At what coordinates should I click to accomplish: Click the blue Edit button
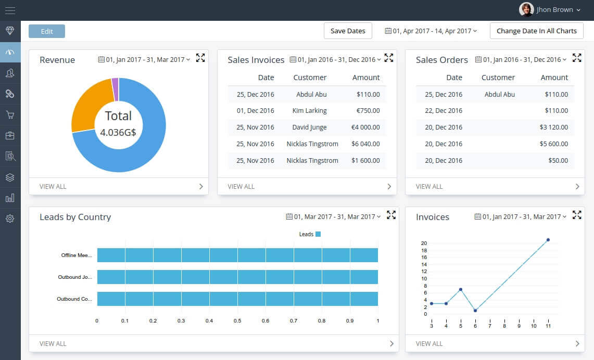point(47,31)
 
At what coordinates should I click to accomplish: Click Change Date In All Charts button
point(536,31)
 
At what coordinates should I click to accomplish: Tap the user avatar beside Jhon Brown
point(526,9)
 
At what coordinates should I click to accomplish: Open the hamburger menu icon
point(10,10)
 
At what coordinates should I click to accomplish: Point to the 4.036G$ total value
point(118,133)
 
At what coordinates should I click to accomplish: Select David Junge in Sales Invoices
point(310,127)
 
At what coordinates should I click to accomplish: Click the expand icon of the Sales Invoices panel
point(388,58)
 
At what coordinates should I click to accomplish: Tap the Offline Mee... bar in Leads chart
point(237,255)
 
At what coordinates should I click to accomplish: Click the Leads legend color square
point(318,234)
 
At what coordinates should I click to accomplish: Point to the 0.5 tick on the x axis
point(237,321)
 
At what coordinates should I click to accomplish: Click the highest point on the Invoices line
point(548,240)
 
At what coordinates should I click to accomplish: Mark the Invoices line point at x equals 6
point(475,311)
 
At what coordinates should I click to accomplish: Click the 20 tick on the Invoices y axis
point(424,243)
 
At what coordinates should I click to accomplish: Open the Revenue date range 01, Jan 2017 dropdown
point(144,60)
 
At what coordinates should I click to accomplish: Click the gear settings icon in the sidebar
point(10,218)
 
